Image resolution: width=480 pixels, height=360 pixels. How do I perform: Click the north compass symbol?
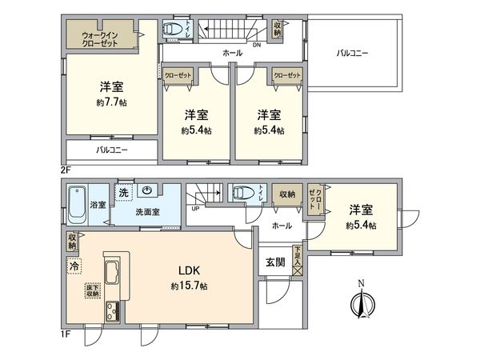[362, 302]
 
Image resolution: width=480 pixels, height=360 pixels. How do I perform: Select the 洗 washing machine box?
[123, 193]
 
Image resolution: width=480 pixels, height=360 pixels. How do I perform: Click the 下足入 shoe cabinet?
[298, 258]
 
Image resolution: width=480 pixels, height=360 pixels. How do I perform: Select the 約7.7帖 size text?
[110, 102]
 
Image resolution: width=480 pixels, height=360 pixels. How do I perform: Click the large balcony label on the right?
[352, 54]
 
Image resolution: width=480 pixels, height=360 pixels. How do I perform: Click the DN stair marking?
[257, 45]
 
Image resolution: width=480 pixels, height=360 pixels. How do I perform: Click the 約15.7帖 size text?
[189, 286]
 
